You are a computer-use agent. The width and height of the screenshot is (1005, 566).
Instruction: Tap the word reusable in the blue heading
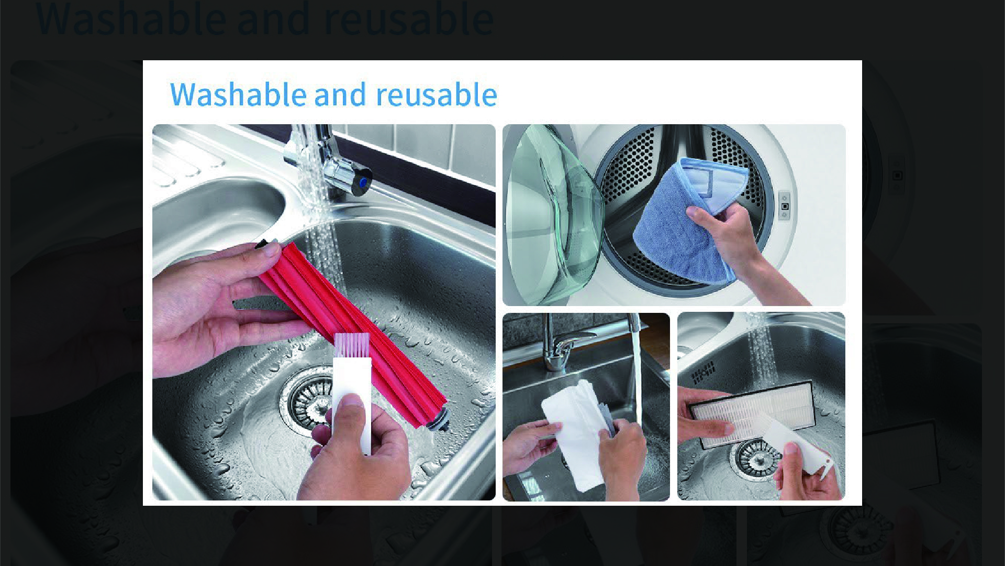click(437, 94)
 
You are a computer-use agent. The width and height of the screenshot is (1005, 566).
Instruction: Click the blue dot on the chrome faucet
click(362, 182)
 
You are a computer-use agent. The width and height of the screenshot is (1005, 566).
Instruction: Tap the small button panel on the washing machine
click(784, 206)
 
